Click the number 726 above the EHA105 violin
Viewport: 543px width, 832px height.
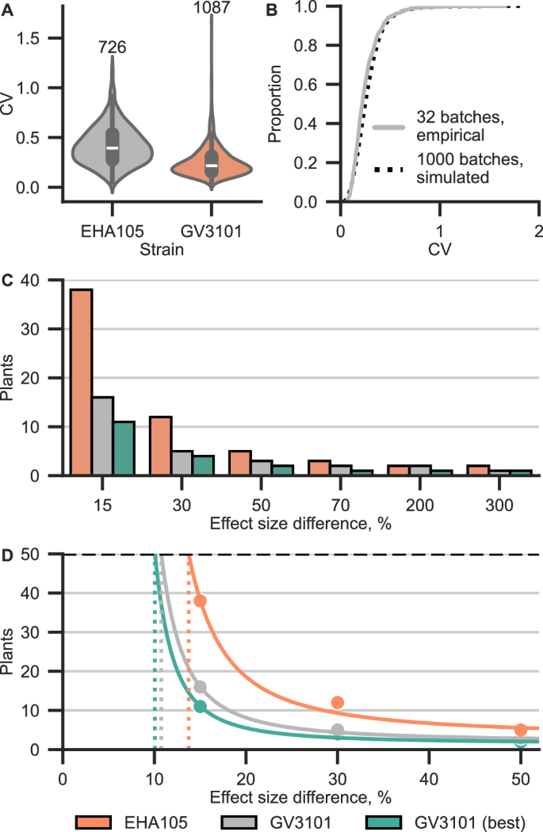click(x=112, y=48)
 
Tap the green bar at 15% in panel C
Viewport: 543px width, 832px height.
click(x=124, y=448)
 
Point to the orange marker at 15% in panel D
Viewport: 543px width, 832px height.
click(x=200, y=601)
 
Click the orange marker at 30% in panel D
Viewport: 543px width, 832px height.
click(x=338, y=702)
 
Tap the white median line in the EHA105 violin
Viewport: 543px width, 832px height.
click(x=113, y=147)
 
